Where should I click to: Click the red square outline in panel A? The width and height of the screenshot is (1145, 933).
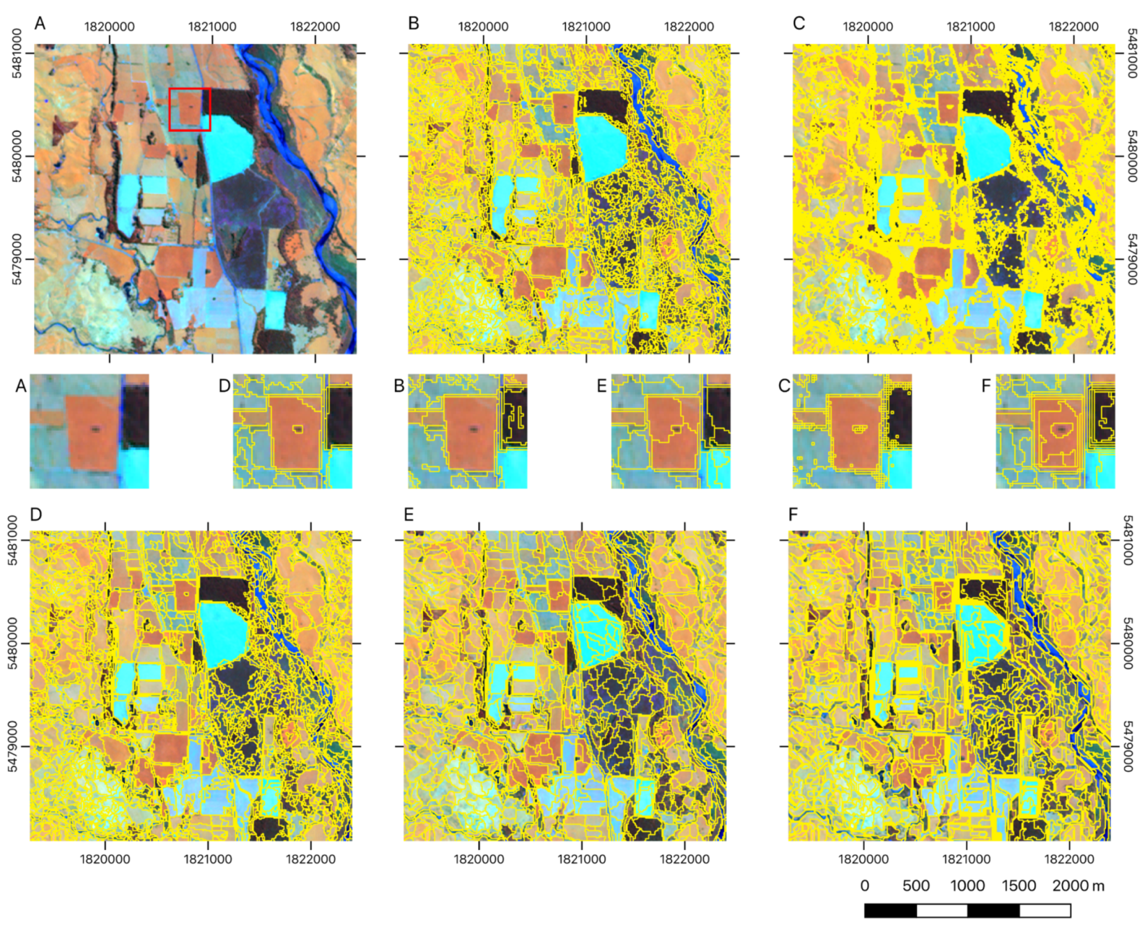click(x=190, y=89)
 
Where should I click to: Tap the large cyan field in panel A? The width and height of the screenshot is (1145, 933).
click(x=229, y=146)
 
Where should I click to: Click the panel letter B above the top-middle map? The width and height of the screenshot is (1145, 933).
click(x=413, y=23)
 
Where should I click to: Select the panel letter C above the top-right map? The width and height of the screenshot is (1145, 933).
click(x=799, y=23)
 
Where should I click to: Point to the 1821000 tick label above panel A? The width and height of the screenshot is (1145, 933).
click(x=212, y=26)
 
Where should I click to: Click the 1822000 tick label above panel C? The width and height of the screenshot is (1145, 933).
click(x=1073, y=26)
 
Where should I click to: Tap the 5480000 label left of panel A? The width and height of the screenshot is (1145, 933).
click(x=17, y=156)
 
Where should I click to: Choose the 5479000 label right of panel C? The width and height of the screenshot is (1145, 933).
click(x=1132, y=259)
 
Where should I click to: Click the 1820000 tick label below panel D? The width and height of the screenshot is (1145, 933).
click(x=105, y=859)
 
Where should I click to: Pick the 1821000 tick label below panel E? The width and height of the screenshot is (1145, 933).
click(x=581, y=859)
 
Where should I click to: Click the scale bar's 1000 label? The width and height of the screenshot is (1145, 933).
click(x=967, y=886)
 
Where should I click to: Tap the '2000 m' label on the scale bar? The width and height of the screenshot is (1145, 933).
click(x=1078, y=886)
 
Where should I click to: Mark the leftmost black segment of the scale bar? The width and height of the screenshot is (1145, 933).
click(x=890, y=910)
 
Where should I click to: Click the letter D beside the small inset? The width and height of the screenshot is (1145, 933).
click(x=224, y=386)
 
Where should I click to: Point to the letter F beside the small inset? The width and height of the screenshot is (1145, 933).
click(x=985, y=386)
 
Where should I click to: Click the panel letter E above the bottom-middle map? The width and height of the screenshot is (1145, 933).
click(x=409, y=515)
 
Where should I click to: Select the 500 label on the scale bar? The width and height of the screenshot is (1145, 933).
click(x=916, y=886)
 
